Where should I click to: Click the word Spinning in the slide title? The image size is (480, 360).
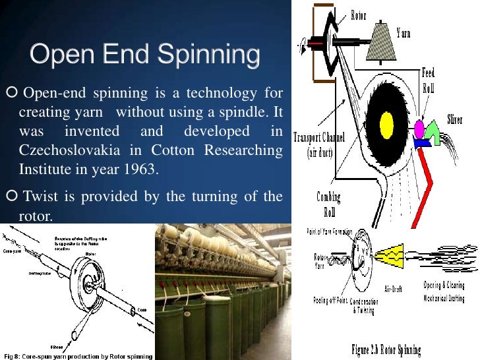tap(209, 55)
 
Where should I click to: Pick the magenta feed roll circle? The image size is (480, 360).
tap(419, 127)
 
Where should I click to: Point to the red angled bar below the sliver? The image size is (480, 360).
tap(436, 178)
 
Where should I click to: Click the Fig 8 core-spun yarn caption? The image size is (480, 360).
tap(76, 356)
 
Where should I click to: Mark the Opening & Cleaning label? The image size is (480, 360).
tap(444, 286)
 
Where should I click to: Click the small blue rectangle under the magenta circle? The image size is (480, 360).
tap(421, 141)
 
